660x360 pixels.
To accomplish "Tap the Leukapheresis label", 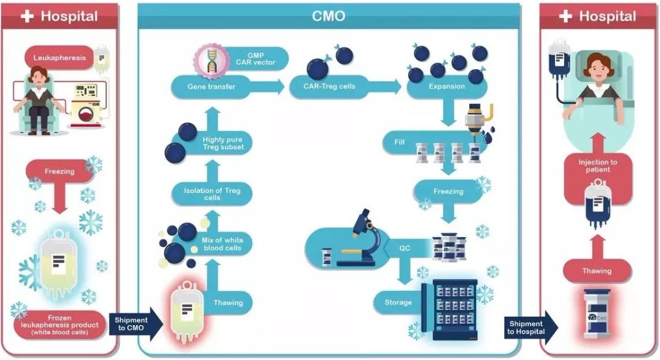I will pyautogui.click(x=60, y=59).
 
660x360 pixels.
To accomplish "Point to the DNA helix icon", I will pyautogui.click(x=211, y=62).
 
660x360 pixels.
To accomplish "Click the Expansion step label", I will pyautogui.click(x=446, y=87).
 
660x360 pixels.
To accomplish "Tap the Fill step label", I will pyautogui.click(x=400, y=143).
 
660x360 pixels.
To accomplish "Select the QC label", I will pyautogui.click(x=405, y=248).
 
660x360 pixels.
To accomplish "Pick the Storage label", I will pyautogui.click(x=398, y=302).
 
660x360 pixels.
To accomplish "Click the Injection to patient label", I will pyautogui.click(x=598, y=166).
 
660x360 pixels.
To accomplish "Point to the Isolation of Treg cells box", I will pyautogui.click(x=212, y=194).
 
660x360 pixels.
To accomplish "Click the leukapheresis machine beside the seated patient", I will pyautogui.click(x=87, y=105).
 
